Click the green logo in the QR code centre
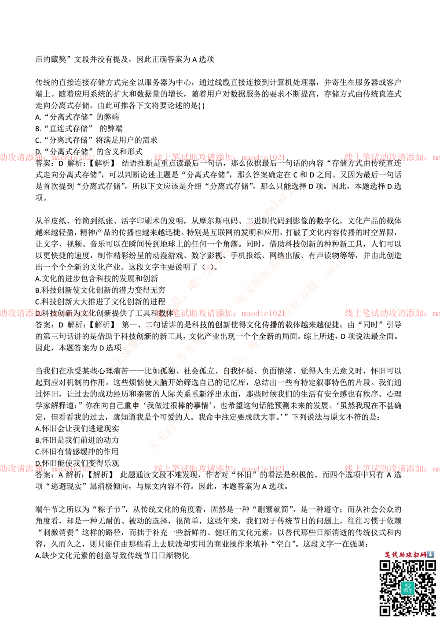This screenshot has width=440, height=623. pyautogui.click(x=407, y=588)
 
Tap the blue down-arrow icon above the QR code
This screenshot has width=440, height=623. pyautogui.click(x=430, y=554)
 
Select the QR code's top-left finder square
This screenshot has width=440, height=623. pyautogui.click(x=385, y=566)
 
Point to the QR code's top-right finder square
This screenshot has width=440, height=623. pyautogui.click(x=430, y=566)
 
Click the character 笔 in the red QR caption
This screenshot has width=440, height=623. pyautogui.click(x=388, y=555)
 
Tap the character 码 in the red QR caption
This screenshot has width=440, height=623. pyautogui.click(x=423, y=555)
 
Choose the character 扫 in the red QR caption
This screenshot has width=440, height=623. pyautogui.click(x=416, y=555)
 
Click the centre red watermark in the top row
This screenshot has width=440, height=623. pyautogui.click(x=219, y=157)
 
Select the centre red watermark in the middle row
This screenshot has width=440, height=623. pyautogui.click(x=219, y=313)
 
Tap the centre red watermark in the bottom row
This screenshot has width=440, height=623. pyautogui.click(x=219, y=468)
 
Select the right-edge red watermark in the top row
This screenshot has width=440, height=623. pyautogui.click(x=392, y=157)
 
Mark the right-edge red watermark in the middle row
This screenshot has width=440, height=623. pyautogui.click(x=392, y=313)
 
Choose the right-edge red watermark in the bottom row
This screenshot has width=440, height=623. pyautogui.click(x=392, y=468)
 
